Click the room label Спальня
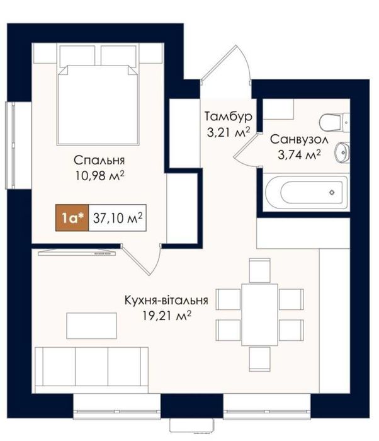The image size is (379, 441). pyautogui.click(x=99, y=161)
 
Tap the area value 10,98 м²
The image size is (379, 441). pyautogui.click(x=99, y=176)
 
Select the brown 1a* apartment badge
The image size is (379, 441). pyautogui.click(x=72, y=218)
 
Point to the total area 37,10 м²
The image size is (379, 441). pyautogui.click(x=118, y=218)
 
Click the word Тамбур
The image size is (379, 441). pyautogui.click(x=229, y=117)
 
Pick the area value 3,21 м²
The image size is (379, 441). pyautogui.click(x=229, y=132)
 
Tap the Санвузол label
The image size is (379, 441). pyautogui.click(x=299, y=139)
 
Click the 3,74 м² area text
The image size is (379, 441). pyautogui.click(x=299, y=155)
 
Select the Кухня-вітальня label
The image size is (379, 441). pyautogui.click(x=166, y=301)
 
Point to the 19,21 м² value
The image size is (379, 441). pyautogui.click(x=166, y=316)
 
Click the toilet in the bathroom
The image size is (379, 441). pyautogui.click(x=334, y=123)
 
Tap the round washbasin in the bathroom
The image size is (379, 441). pyautogui.click(x=342, y=152)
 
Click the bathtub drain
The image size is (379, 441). pyautogui.click(x=332, y=192)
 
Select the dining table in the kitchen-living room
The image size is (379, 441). pyautogui.click(x=259, y=315)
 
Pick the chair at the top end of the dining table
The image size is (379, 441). pyautogui.click(x=260, y=270)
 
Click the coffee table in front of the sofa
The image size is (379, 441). pyautogui.click(x=92, y=326)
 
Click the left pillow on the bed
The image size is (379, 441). pyautogui.click(x=77, y=56)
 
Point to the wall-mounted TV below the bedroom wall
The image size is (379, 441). pyautogui.click(x=77, y=253)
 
